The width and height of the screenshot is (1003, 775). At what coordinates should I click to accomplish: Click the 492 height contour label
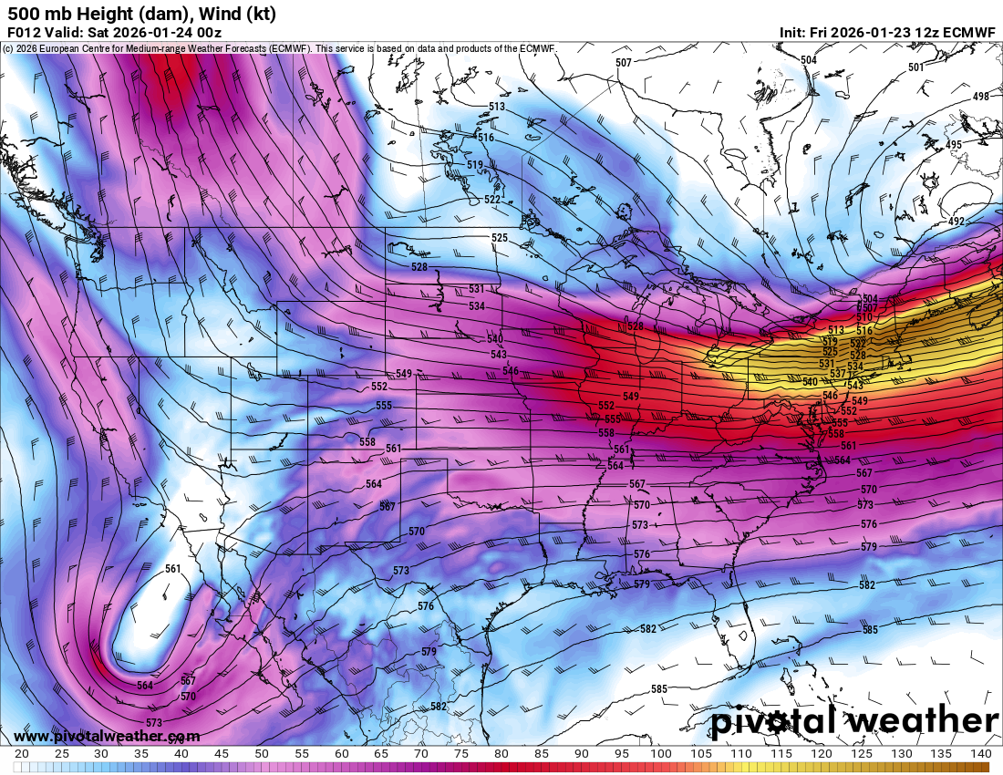pyautogui.click(x=956, y=222)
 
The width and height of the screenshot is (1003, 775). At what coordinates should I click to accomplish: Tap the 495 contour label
pyautogui.click(x=953, y=145)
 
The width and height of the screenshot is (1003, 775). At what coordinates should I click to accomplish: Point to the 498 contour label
pyautogui.click(x=981, y=97)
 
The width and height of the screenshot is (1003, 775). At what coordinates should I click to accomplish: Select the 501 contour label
pyautogui.click(x=915, y=67)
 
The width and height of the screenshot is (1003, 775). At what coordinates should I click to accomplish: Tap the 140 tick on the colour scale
pyautogui.click(x=980, y=754)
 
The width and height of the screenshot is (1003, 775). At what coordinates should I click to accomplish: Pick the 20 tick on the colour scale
pyautogui.click(x=21, y=754)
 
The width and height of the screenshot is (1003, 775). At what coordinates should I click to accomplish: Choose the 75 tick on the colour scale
pyautogui.click(x=461, y=754)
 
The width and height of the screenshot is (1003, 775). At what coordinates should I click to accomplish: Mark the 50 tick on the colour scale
pyautogui.click(x=261, y=754)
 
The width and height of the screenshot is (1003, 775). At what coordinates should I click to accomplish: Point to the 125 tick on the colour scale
pyautogui.click(x=861, y=754)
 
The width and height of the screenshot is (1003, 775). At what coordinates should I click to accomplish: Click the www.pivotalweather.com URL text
pyautogui.click(x=107, y=736)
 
